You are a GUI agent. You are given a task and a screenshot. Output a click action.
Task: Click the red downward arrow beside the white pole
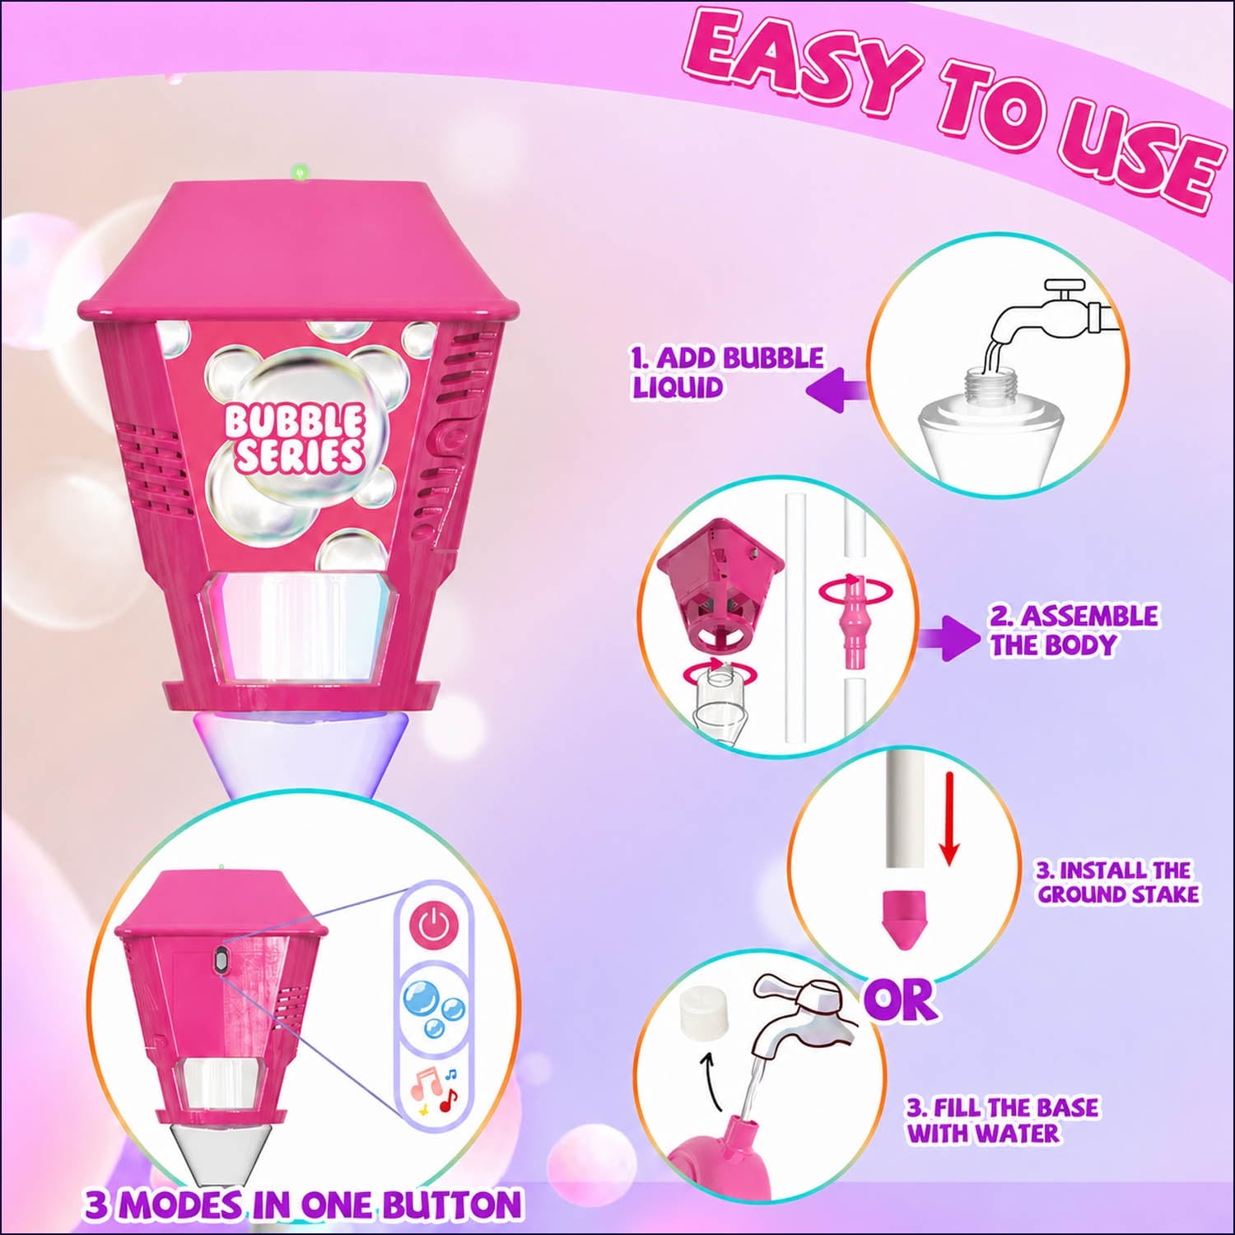click(x=949, y=818)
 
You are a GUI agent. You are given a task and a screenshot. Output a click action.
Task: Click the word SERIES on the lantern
click(x=300, y=455)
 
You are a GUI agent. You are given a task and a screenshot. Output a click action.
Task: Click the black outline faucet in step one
click(x=1051, y=317)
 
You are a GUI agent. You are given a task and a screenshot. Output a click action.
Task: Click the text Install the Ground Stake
click(x=1117, y=882)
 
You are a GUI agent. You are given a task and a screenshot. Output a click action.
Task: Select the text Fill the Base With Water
click(x=1002, y=1120)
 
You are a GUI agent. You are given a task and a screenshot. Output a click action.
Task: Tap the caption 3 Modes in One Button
click(x=303, y=1205)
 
